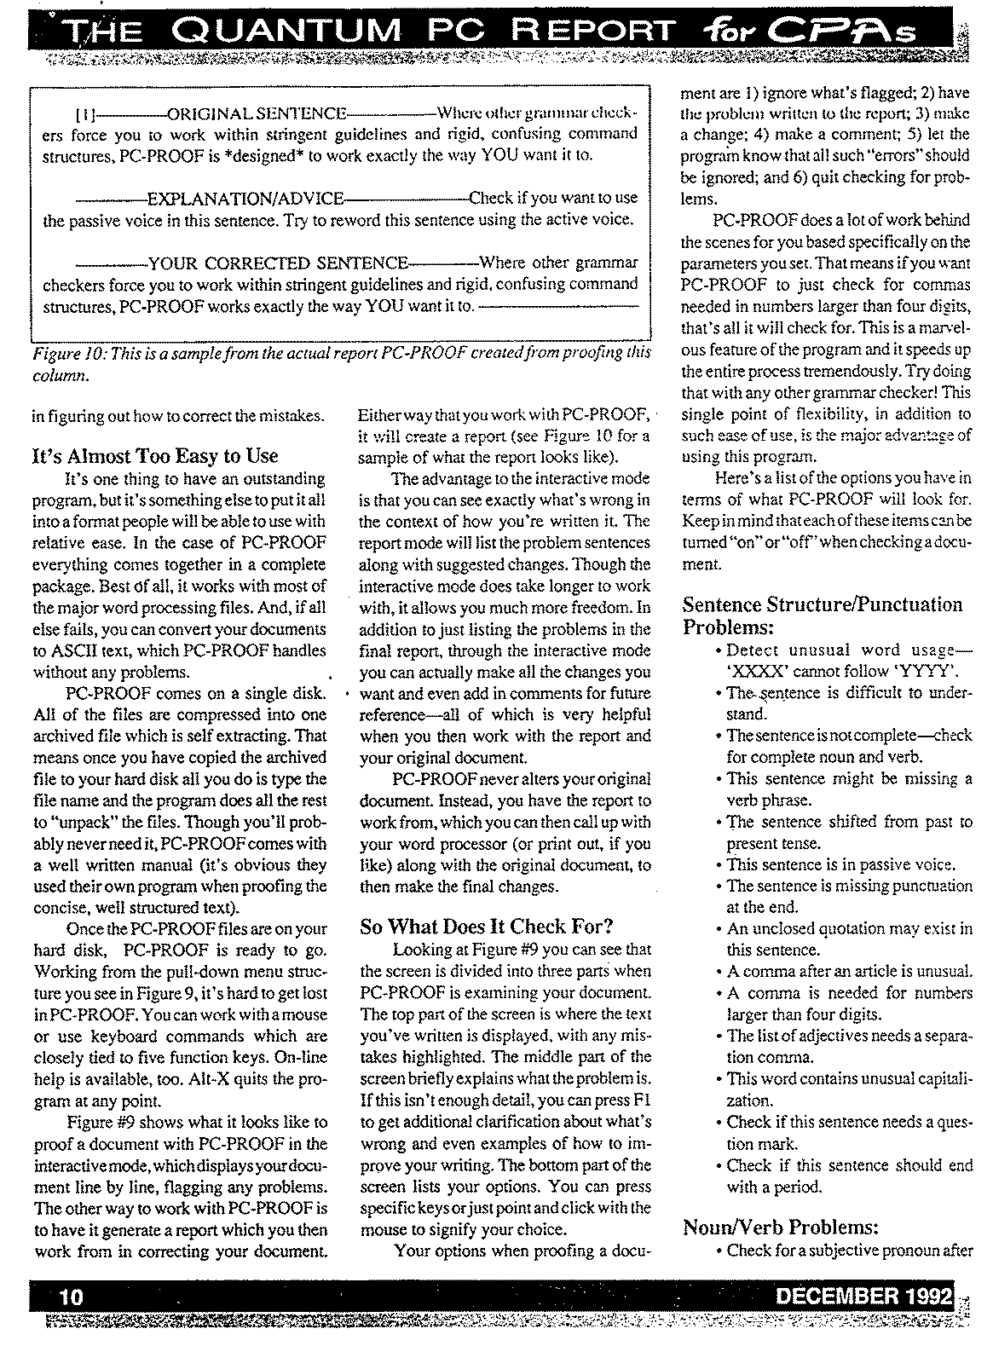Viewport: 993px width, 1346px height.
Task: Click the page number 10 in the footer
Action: point(71,1296)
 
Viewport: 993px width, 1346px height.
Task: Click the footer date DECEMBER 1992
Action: point(863,1296)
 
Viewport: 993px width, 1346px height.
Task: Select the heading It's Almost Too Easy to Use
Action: point(154,456)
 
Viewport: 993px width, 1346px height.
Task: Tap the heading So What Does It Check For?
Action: point(487,927)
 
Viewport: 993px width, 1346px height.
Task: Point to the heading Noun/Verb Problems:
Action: point(781,1227)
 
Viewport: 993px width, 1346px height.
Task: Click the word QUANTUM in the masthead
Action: point(291,32)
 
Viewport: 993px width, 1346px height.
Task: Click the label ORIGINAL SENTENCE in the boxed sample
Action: point(257,113)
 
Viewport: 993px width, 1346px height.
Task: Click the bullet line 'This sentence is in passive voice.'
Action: point(840,864)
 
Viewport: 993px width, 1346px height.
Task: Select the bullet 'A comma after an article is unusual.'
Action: point(849,971)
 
